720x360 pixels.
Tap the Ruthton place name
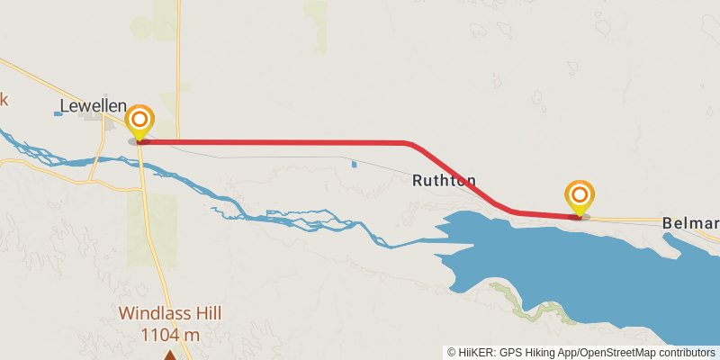[x=444, y=180]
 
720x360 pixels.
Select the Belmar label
[x=690, y=223]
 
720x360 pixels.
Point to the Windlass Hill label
[x=170, y=314]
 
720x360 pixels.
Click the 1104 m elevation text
[x=170, y=335]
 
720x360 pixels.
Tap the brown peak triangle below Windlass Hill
[x=170, y=354]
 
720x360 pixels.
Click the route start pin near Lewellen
[x=139, y=121]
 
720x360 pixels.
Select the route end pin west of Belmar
[x=580, y=197]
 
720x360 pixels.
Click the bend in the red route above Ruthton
[x=409, y=143]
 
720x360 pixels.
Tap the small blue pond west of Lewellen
[x=58, y=114]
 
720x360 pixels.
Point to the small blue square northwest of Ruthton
[x=354, y=164]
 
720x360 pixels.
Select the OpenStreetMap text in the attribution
[x=620, y=352]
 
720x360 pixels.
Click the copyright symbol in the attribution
[x=452, y=352]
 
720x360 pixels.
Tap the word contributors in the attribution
[x=688, y=352]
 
